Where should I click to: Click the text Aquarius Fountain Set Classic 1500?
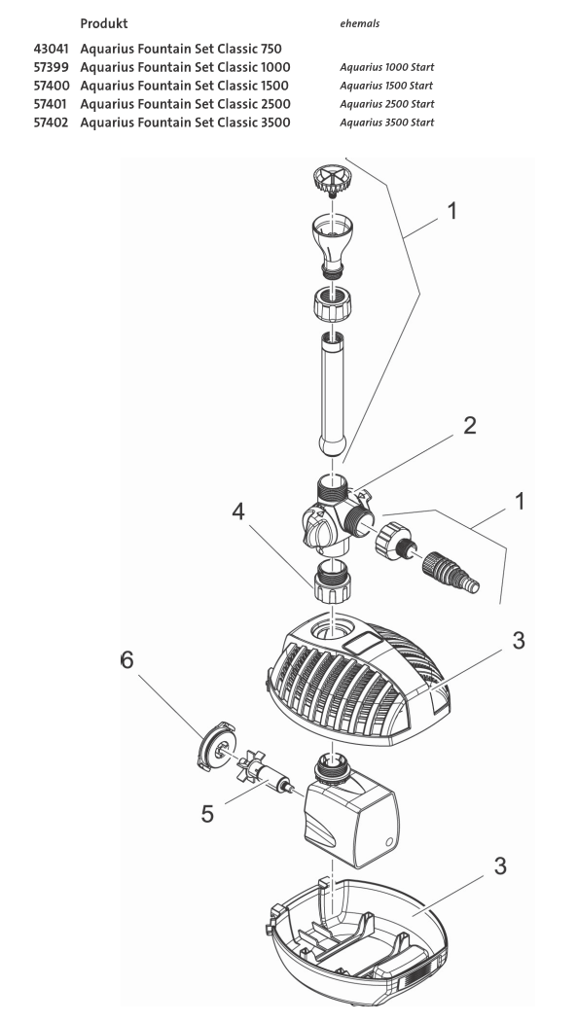(185, 86)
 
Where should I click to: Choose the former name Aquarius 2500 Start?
(386, 104)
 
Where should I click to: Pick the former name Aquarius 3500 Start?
(386, 123)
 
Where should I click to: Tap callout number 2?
(469, 429)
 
